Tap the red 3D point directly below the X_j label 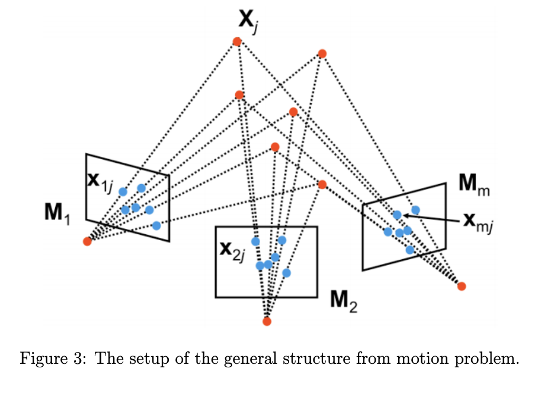237,41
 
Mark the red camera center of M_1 87,241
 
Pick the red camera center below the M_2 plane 267,321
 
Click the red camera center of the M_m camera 462,286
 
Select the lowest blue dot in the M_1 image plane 156,225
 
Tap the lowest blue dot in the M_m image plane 409,250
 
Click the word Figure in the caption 42,359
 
